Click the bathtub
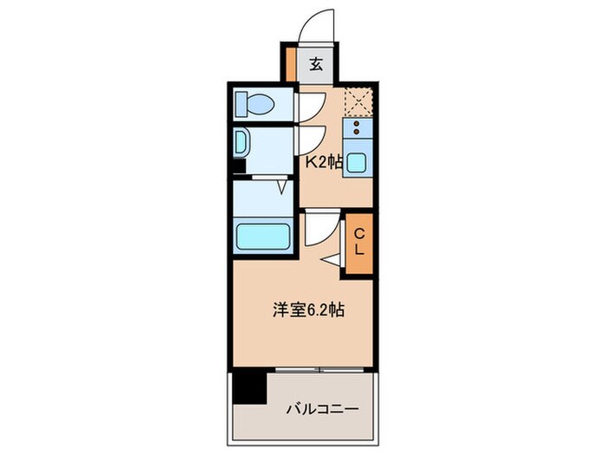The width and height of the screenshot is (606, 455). click(263, 235)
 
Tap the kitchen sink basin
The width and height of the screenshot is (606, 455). click(357, 161)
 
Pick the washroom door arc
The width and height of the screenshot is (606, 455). click(308, 139)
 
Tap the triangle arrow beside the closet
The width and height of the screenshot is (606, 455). click(332, 259)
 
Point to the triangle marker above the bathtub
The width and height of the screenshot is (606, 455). click(282, 185)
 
